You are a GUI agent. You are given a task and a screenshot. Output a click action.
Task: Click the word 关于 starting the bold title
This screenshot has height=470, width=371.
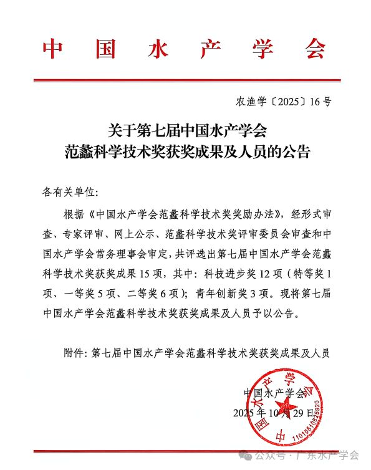pos(123,131)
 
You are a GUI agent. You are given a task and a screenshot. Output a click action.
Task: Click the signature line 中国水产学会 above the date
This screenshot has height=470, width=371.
pos(275,393)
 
